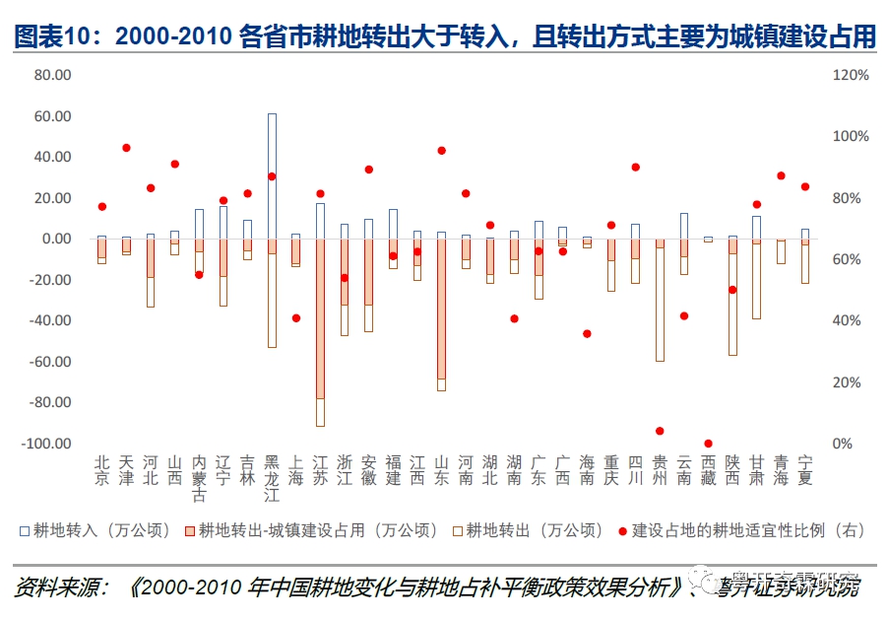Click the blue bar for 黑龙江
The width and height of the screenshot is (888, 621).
pos(272,175)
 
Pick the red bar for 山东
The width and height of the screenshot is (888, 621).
pos(441,309)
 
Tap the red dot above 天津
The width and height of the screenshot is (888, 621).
pos(126,148)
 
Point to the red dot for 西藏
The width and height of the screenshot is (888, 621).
pos(708,444)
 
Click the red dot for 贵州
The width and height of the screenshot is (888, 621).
pos(660,431)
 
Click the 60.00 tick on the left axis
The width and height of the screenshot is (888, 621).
pos(52,116)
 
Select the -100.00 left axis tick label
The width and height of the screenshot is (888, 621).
pos(47,444)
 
